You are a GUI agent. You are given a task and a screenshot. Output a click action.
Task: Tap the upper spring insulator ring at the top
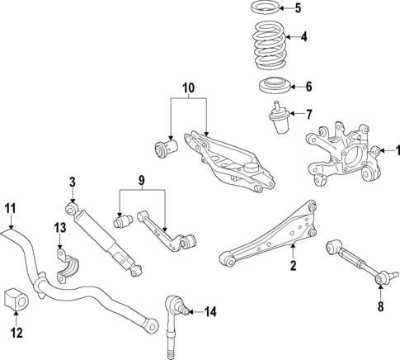[x=266, y=10]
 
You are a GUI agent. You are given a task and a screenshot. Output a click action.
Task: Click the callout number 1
[x=397, y=149]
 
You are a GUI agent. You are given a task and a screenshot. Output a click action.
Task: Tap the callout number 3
[x=73, y=182]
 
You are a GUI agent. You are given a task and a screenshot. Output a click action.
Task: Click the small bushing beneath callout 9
[x=124, y=222]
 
